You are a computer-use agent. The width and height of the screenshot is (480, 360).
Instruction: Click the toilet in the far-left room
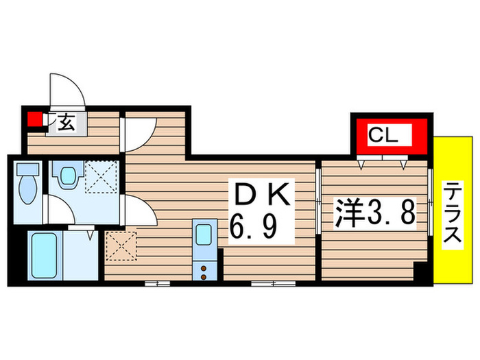click(27, 190)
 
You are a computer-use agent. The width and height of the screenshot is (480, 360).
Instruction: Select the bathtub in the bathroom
click(43, 254)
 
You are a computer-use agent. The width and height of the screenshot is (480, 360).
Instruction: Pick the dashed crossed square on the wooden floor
click(120, 248)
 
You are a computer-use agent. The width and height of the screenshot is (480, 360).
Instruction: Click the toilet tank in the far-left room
click(27, 169)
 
